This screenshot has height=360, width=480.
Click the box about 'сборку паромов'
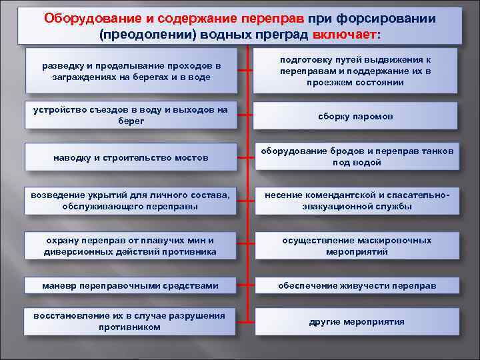(x=356, y=116)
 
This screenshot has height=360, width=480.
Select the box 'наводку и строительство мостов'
(x=131, y=158)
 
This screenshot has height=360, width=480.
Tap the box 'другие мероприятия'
(x=356, y=321)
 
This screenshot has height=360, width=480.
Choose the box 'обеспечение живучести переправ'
(x=356, y=286)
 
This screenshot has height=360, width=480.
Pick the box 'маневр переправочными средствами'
(x=131, y=286)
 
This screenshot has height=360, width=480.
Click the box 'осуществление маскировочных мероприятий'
(x=356, y=246)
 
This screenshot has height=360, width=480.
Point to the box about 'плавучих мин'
(x=131, y=246)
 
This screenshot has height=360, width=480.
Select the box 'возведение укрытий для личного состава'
(x=131, y=201)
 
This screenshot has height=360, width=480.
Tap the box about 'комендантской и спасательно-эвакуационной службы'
(x=356, y=201)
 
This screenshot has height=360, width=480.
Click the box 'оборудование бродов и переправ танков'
(x=356, y=157)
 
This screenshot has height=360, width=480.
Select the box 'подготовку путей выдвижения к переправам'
(x=356, y=71)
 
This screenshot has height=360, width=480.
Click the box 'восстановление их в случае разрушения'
(x=131, y=321)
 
